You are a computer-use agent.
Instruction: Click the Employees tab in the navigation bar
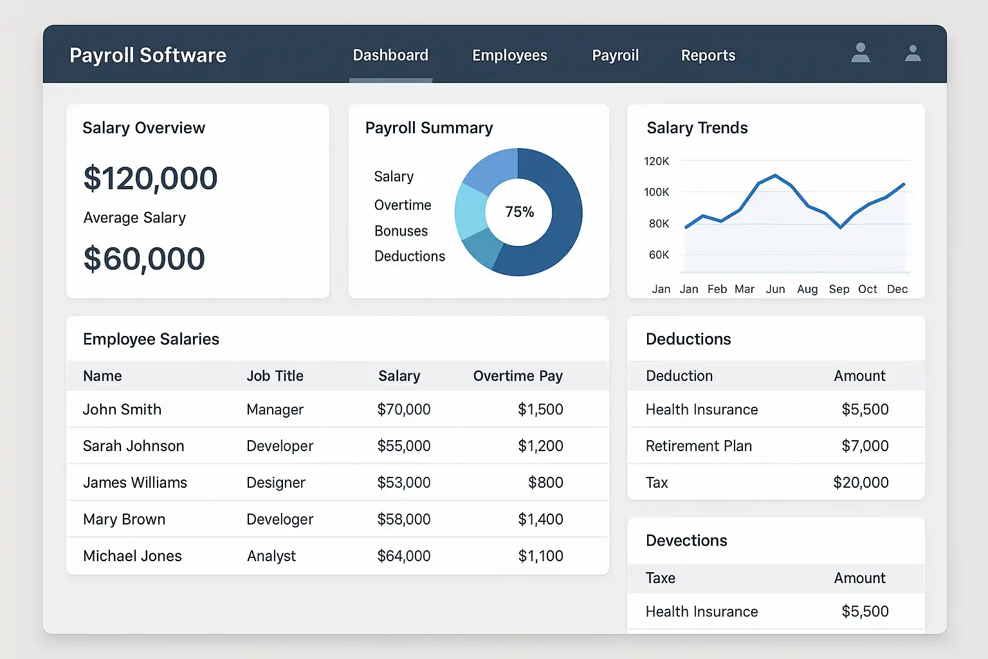pyautogui.click(x=509, y=55)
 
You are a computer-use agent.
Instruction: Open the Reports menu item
pyautogui.click(x=708, y=55)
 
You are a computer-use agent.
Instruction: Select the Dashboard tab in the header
pyautogui.click(x=390, y=55)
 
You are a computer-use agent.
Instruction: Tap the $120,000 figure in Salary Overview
pyautogui.click(x=151, y=178)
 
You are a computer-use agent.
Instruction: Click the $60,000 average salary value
pyautogui.click(x=144, y=259)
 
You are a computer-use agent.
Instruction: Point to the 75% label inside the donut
pyautogui.click(x=519, y=212)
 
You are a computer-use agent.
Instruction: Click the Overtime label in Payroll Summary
pyautogui.click(x=403, y=205)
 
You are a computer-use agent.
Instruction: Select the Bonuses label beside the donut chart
pyautogui.click(x=401, y=231)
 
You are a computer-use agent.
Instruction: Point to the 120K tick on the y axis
pyautogui.click(x=656, y=161)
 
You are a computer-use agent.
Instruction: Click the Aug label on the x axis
pyautogui.click(x=807, y=290)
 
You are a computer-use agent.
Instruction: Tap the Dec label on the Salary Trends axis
pyautogui.click(x=897, y=290)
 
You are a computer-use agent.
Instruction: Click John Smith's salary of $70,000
pyautogui.click(x=404, y=409)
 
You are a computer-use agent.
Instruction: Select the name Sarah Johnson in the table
pyautogui.click(x=133, y=446)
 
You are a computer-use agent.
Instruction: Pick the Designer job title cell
pyautogui.click(x=276, y=483)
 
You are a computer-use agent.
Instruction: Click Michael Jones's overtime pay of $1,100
pyautogui.click(x=540, y=556)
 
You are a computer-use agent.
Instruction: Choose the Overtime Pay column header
pyautogui.click(x=518, y=376)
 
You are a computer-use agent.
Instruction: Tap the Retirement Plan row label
pyautogui.click(x=699, y=446)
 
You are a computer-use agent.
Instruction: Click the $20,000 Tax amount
pyautogui.click(x=861, y=483)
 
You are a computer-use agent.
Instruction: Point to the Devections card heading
pyautogui.click(x=686, y=541)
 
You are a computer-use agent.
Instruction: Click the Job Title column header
pyautogui.click(x=275, y=376)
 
